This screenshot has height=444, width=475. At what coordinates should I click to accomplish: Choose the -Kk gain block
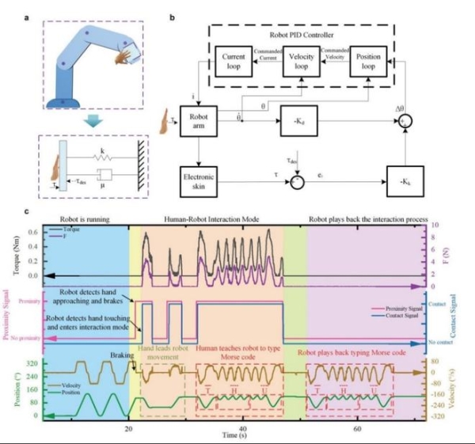coord(405,179)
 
